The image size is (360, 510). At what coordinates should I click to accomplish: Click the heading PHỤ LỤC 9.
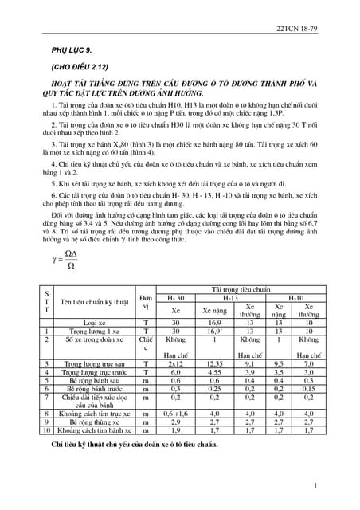[x=71, y=51]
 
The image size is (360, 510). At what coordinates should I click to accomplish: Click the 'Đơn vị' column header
[x=146, y=302]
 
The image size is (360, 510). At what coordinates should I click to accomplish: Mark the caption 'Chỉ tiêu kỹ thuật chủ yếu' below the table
[x=127, y=443]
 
